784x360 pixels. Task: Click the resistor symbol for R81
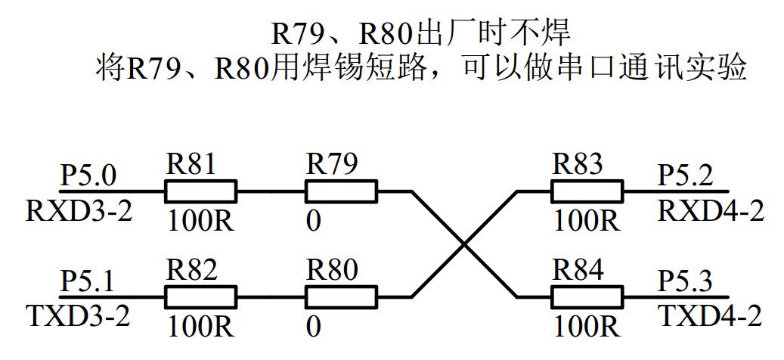[200, 191]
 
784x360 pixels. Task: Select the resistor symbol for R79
[340, 191]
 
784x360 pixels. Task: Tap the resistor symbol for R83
[587, 191]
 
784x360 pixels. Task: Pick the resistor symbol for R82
[200, 296]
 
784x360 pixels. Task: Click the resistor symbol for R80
[340, 296]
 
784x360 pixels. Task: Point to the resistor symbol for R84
[587, 296]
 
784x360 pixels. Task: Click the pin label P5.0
[89, 177]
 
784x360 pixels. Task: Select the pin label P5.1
[89, 282]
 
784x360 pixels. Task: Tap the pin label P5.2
[685, 177]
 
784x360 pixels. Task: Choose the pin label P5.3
[685, 282]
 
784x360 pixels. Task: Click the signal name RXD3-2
[79, 210]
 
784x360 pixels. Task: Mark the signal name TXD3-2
[78, 315]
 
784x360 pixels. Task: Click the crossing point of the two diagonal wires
[464, 244]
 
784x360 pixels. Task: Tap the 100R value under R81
[200, 222]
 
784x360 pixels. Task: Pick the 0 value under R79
[314, 222]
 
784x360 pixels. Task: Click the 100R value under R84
[587, 326]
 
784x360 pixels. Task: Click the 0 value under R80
[314, 326]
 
